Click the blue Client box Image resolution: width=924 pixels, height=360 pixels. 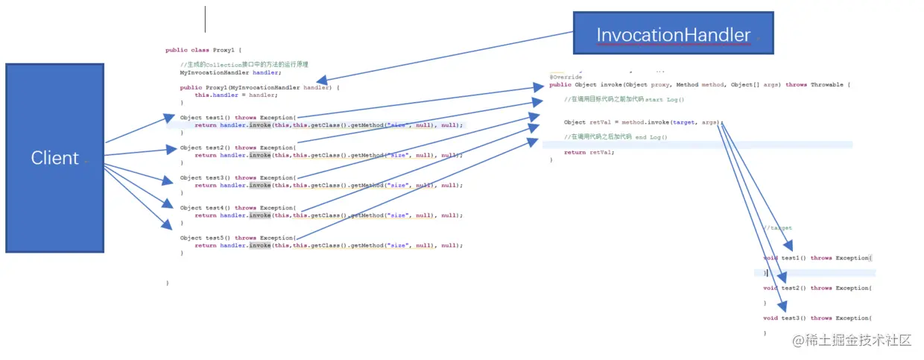click(x=55, y=158)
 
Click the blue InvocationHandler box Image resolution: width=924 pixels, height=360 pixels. click(x=673, y=34)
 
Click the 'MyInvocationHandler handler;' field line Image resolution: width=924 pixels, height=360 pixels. click(x=230, y=72)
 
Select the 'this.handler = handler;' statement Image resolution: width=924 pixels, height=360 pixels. click(x=236, y=95)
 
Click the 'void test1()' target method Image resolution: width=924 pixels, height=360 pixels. click(x=817, y=258)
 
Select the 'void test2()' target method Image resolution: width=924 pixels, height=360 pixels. click(x=817, y=288)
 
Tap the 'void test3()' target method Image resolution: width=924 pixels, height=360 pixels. click(x=817, y=318)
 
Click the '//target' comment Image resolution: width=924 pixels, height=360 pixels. click(x=777, y=228)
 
